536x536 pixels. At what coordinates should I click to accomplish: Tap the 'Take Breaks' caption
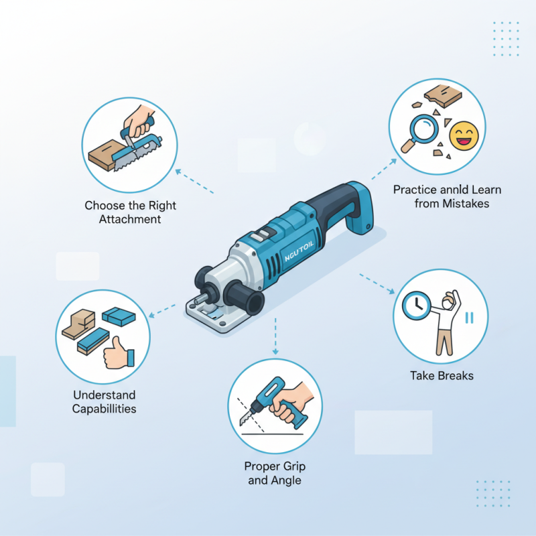pos(442,376)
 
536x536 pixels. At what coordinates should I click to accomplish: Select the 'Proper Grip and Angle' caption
pos(275,473)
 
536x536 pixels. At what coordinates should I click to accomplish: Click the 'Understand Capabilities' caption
pos(103,402)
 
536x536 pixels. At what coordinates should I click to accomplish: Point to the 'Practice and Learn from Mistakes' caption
pos(447,196)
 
